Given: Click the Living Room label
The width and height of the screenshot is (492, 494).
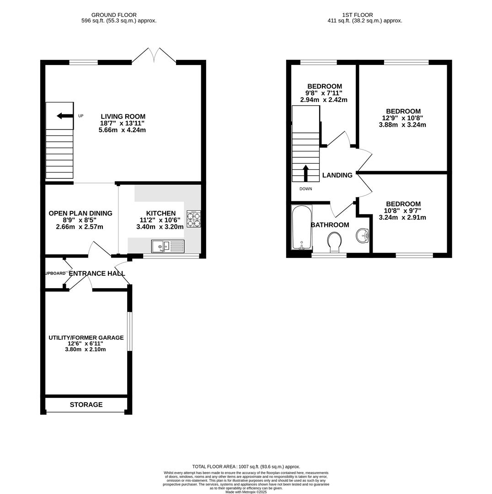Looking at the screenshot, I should [x=123, y=117].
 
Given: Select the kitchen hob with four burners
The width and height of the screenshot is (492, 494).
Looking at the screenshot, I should [x=193, y=219].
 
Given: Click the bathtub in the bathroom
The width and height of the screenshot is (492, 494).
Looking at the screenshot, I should [x=301, y=227].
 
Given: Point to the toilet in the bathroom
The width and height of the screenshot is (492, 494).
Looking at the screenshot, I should [x=335, y=242].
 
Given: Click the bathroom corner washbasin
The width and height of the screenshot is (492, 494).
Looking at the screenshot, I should [x=363, y=236].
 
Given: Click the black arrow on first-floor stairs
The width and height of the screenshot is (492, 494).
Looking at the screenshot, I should [x=305, y=173].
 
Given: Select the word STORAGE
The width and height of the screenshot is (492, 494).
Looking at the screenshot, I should [x=86, y=405].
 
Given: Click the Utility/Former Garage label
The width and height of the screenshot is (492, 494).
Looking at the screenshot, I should [x=86, y=338].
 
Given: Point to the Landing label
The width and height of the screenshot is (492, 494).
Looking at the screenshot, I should [x=337, y=175].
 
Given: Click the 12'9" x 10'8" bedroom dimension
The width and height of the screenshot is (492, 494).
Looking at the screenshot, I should [x=402, y=118].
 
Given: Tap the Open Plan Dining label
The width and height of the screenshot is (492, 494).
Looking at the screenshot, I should [x=80, y=213].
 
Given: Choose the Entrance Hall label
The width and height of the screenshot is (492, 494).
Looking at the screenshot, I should [x=96, y=274].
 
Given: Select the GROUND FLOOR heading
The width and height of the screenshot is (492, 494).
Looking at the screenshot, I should [x=114, y=15].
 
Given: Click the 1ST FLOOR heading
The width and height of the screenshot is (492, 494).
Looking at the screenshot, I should [x=357, y=15].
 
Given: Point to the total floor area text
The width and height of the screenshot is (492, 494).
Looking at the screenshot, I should [x=246, y=467].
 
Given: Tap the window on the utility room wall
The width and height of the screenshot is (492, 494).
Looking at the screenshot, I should [x=129, y=331].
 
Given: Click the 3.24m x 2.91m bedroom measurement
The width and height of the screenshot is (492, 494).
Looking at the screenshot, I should [x=402, y=218].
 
